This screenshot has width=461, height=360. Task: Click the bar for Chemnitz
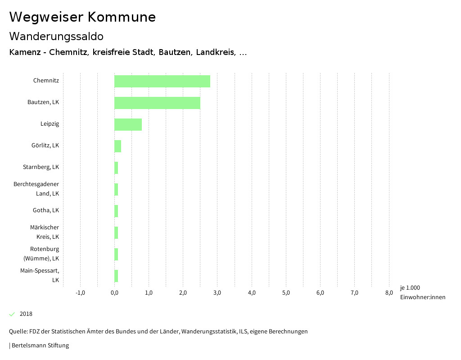(x=162, y=81)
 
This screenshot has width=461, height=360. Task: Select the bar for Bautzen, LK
(x=157, y=103)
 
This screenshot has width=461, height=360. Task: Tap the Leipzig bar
(x=128, y=124)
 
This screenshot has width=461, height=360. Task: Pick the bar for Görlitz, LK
(x=118, y=146)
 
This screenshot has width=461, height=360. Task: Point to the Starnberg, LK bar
(x=116, y=168)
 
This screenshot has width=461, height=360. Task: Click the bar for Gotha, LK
(x=116, y=211)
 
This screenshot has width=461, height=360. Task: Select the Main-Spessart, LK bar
(x=116, y=276)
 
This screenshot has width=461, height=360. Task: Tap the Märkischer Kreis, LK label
(x=45, y=232)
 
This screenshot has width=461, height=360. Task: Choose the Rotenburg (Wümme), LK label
(x=41, y=254)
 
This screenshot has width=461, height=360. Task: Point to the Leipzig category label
(x=50, y=124)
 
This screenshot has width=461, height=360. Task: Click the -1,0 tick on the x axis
(x=80, y=293)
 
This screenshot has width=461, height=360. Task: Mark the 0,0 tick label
(x=114, y=293)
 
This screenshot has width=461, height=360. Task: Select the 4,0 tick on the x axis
(x=252, y=293)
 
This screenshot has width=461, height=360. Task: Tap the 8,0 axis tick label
(x=389, y=293)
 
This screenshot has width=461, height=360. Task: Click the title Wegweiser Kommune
(x=82, y=17)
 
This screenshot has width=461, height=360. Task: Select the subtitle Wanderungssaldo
(x=56, y=36)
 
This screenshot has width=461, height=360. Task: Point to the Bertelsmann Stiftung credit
(x=40, y=346)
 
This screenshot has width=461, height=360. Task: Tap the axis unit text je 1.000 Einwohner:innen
(x=422, y=292)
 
